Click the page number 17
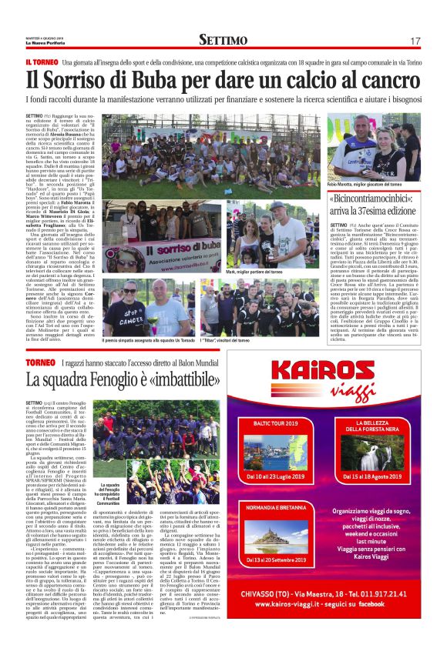[x=415, y=40]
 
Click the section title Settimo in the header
[x=223, y=39]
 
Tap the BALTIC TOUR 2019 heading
[x=278, y=423]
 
